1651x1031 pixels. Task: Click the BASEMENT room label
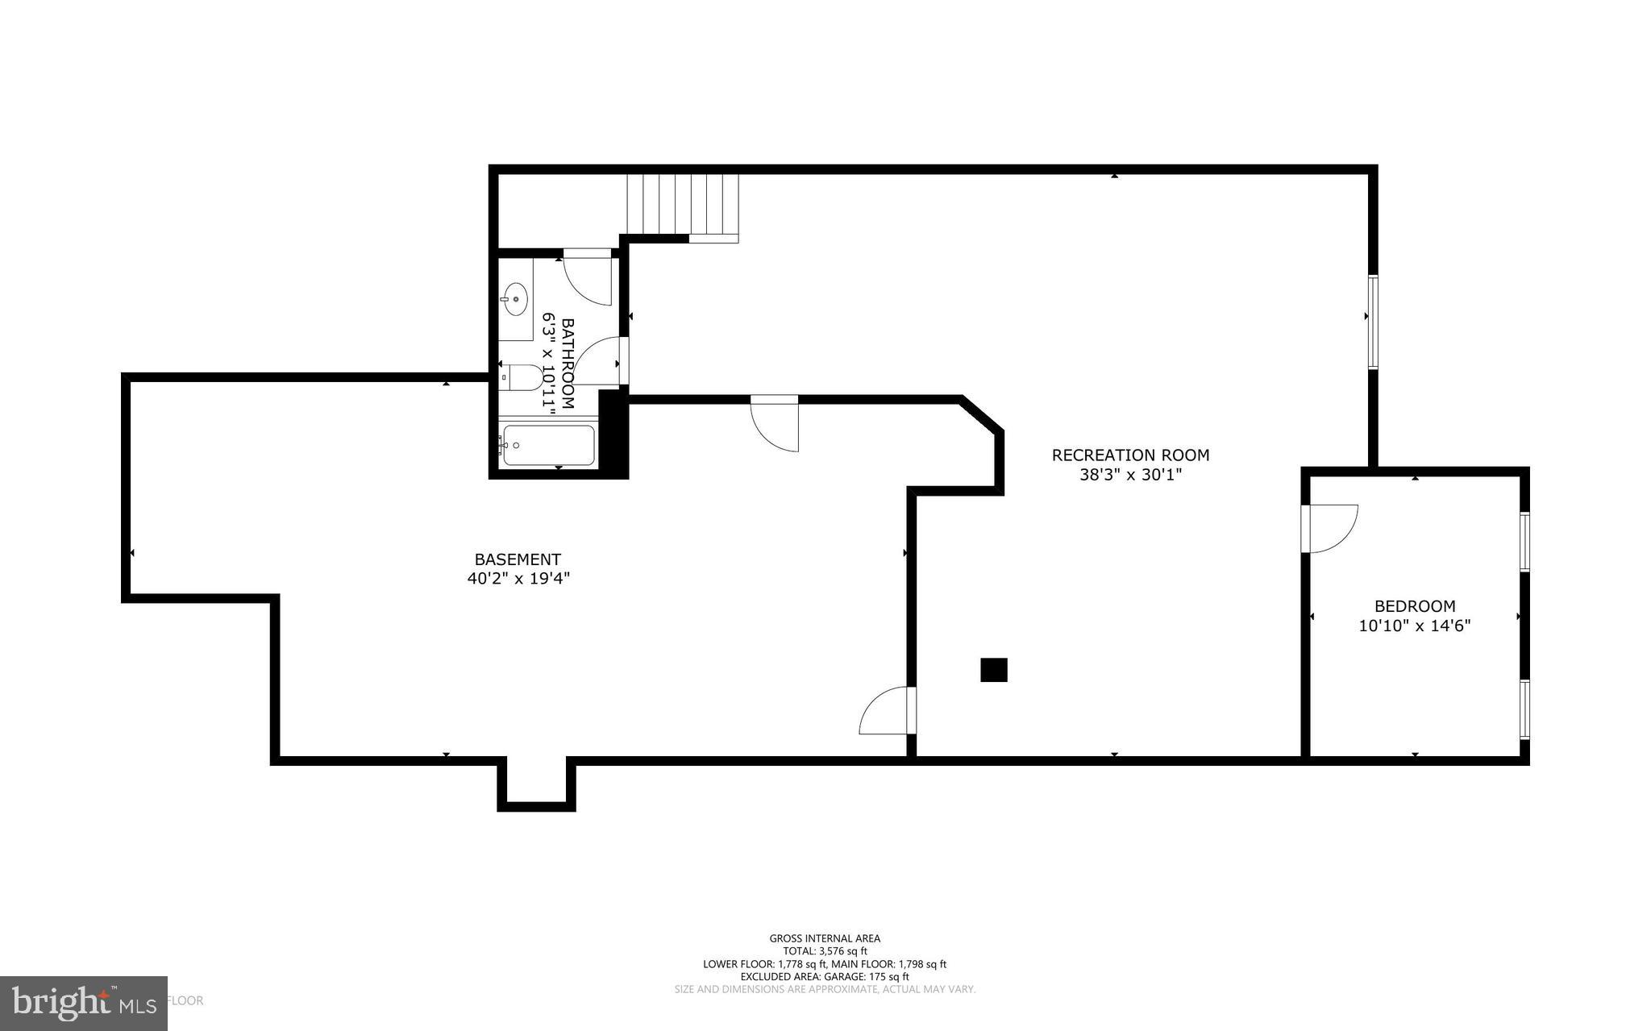coord(517,559)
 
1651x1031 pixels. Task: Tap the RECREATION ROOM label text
coord(1130,455)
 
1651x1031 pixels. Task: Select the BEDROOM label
coord(1415,606)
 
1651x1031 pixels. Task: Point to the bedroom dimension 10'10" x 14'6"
coord(1415,626)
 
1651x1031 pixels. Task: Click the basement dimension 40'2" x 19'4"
coord(518,579)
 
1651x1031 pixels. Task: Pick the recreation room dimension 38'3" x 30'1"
coord(1130,476)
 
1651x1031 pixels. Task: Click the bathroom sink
coord(514,300)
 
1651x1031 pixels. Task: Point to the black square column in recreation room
coord(993,670)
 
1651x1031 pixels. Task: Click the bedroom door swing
coord(1329,528)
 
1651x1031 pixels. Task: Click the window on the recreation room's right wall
coord(1373,322)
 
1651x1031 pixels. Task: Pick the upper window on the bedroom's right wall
coord(1524,541)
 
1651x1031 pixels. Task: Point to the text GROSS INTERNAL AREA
coord(824,938)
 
